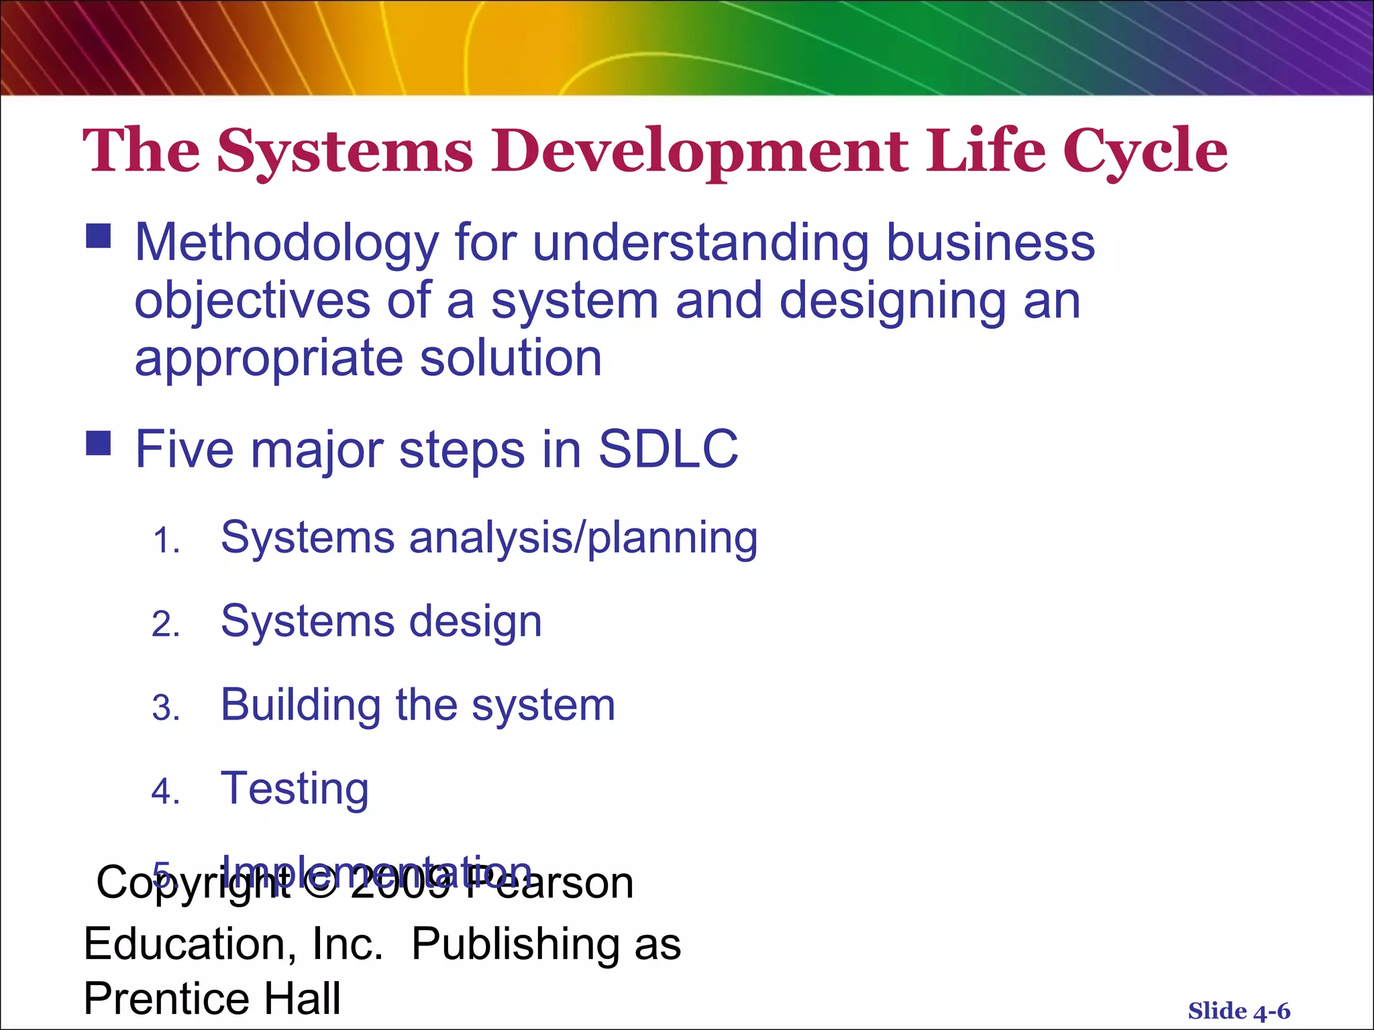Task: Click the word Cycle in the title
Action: [1145, 152]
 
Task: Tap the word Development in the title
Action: [699, 152]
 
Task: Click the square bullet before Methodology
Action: [99, 236]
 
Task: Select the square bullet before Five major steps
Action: [99, 443]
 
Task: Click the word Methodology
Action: [286, 243]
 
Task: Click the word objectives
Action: [252, 300]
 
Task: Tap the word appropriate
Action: [268, 359]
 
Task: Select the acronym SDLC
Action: [668, 449]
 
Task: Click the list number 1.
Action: [165, 540]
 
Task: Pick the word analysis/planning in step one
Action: [583, 538]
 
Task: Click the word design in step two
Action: [475, 622]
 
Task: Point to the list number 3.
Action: [165, 708]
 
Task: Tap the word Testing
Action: [295, 789]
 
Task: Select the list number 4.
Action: [165, 792]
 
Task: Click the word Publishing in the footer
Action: [516, 944]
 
